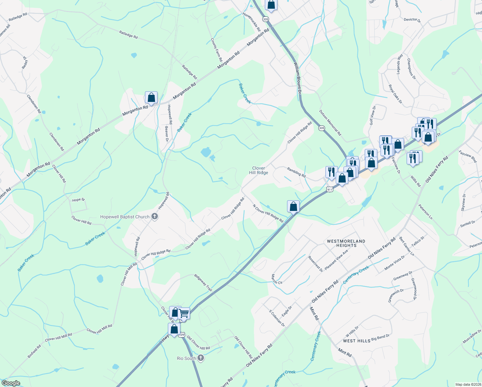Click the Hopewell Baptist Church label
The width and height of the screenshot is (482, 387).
click(125, 217)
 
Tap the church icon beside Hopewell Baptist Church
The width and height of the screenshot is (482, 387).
click(155, 217)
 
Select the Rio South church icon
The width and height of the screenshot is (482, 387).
click(201, 358)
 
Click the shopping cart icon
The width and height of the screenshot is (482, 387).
click(184, 313)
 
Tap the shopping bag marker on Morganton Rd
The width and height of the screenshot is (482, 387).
click(151, 98)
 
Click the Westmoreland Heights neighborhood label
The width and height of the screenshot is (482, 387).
click(346, 243)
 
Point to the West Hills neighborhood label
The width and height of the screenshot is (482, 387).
click(356, 341)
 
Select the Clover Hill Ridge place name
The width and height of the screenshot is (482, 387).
click(258, 170)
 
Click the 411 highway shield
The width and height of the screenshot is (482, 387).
click(329, 189)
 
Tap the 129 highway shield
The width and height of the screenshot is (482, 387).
click(182, 335)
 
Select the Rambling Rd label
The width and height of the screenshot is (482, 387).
click(296, 172)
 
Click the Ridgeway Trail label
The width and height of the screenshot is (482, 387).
click(203, 283)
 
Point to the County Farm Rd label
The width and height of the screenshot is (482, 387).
click(217, 50)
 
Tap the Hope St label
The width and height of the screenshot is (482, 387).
click(78, 200)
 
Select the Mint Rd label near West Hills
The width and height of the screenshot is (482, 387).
click(345, 352)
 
